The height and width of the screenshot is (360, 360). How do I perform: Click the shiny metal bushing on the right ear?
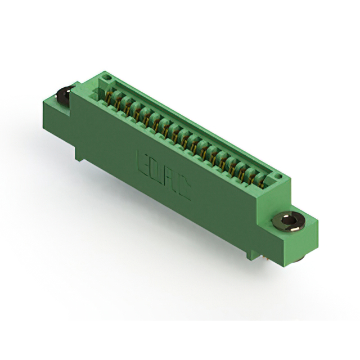tap(289, 222)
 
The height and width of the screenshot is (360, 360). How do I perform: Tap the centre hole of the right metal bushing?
tap(287, 221)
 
